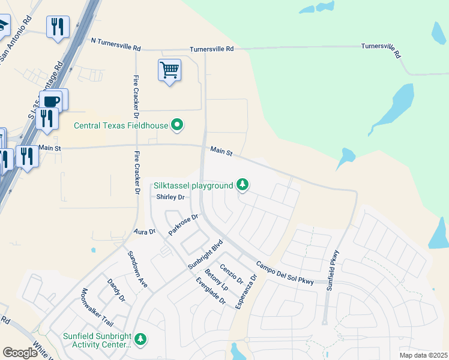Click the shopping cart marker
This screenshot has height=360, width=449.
pos(170,70)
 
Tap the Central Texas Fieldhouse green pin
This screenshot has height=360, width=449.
pos(177,125)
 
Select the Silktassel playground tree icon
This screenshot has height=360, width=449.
pos(243,185)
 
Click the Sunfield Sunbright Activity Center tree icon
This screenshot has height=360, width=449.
pos(140,340)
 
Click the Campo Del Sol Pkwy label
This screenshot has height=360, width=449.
pos(285,273)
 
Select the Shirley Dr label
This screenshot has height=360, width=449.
pos(169,197)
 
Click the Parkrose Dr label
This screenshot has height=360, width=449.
pos(183,224)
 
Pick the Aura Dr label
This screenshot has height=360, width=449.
pos(144,232)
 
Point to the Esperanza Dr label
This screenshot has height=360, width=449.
pos(246,292)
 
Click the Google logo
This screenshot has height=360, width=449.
pos(20,353)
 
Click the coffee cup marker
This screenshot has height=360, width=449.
pos(52,101)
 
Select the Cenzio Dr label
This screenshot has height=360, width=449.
pos(231,274)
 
